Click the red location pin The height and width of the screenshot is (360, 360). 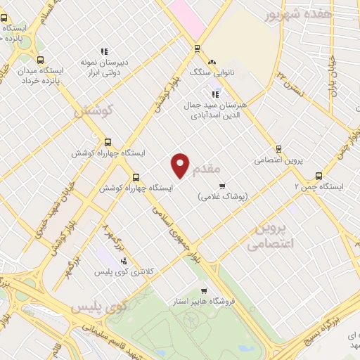tap(181, 165)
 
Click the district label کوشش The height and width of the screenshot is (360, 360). tap(94, 111)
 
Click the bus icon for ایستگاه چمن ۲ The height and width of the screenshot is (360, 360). tap(320, 176)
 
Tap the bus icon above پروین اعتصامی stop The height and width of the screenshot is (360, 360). tap(278, 149)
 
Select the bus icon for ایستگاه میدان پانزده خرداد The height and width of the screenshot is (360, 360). tap(40, 60)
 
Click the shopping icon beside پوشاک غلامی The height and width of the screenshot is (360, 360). tap(223, 186)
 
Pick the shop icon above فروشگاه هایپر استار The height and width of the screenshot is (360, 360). tap(204, 291)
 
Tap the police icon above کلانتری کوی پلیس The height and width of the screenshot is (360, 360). tap(124, 261)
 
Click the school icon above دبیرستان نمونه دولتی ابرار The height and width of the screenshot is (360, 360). tap(103, 51)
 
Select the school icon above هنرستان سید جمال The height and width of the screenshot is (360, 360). tap(215, 94)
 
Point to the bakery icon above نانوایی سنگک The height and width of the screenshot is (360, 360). tap(211, 61)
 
